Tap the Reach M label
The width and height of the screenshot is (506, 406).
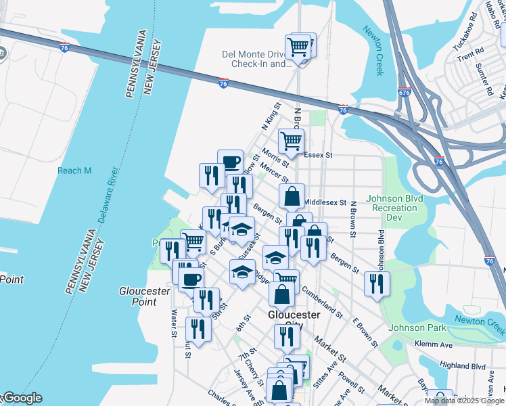[x=74, y=171]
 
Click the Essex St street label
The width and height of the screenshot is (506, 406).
[x=319, y=155]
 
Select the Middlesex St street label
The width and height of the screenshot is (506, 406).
[x=325, y=202]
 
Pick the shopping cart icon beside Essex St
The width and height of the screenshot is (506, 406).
[x=291, y=142]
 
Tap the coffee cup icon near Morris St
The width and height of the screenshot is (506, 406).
[x=230, y=162]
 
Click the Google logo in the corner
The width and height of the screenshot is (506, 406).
[x=22, y=398]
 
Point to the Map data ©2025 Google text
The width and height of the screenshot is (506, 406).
[x=465, y=401]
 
